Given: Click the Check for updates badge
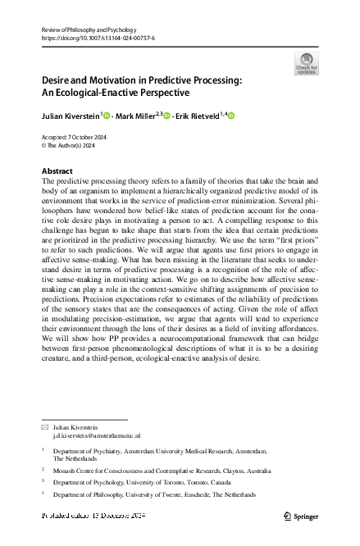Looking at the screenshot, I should [x=307, y=63].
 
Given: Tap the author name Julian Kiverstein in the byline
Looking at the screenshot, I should [x=72, y=116].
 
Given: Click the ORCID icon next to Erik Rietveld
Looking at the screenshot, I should [x=230, y=116].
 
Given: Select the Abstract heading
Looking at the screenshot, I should [x=57, y=171].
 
